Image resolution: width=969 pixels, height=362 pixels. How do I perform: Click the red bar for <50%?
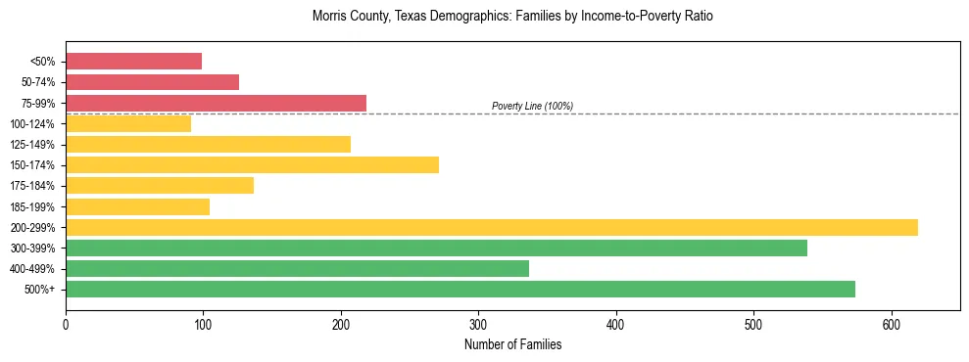[x=133, y=62]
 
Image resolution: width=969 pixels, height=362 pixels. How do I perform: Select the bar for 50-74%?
[x=152, y=82]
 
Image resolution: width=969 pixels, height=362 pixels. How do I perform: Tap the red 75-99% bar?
[x=216, y=103]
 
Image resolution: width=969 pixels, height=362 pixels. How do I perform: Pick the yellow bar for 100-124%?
[x=128, y=124]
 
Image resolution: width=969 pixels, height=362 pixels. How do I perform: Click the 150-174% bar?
[x=252, y=165]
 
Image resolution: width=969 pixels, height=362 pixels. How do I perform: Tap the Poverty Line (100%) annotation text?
[x=532, y=106]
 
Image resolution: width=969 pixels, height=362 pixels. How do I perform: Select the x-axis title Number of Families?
[x=512, y=344]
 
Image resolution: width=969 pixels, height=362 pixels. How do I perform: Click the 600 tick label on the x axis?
[x=891, y=324]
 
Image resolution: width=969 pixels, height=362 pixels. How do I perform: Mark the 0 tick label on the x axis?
[x=66, y=324]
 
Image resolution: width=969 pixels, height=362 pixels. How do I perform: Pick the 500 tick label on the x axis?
[x=753, y=324]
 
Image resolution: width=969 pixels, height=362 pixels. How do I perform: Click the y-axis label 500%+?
[x=40, y=290]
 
